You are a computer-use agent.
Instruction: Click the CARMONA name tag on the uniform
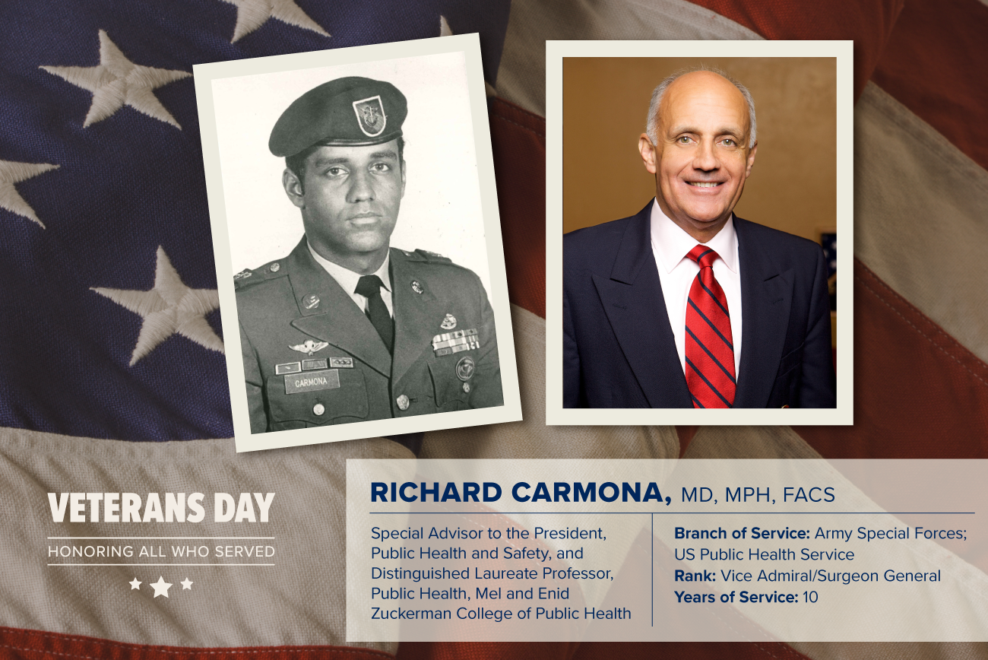[x=311, y=382]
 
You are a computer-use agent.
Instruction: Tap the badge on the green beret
[x=364, y=116]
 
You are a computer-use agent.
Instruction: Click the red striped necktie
[x=710, y=326]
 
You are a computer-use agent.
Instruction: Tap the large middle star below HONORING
[x=161, y=586]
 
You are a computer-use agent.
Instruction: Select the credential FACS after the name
[x=809, y=494]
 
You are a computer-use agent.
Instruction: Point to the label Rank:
[x=695, y=576]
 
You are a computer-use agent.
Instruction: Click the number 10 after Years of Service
[x=811, y=597]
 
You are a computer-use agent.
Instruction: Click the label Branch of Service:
[x=742, y=533]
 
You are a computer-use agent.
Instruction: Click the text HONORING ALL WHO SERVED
[x=161, y=551]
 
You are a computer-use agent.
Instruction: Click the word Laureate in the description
[x=508, y=573]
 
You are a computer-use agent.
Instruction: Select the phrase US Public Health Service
[x=765, y=554]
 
